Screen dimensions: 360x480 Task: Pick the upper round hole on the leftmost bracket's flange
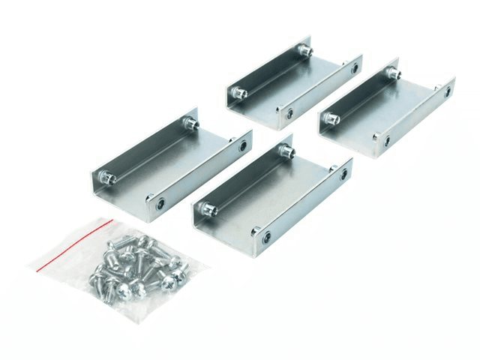point(241,147)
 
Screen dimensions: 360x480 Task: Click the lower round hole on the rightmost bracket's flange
point(386,139)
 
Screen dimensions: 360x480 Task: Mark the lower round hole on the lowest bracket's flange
point(267,238)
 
